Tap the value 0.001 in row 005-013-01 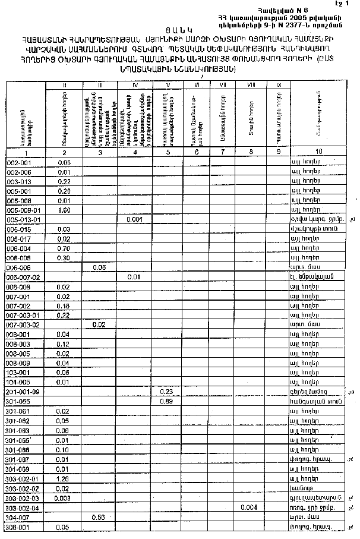pyautogui.click(x=135, y=219)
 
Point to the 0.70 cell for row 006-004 pyautogui.click(x=65, y=248)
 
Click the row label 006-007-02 pyautogui.click(x=22, y=277)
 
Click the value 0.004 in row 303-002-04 pyautogui.click(x=250, y=507)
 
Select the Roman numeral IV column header pyautogui.click(x=135, y=86)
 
